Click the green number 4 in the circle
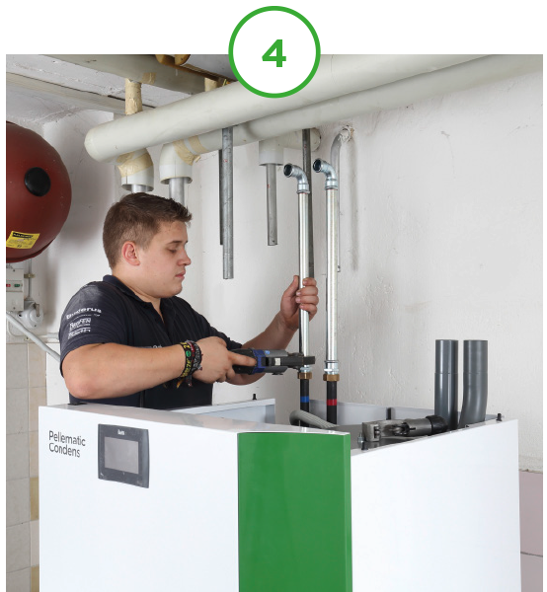(273, 53)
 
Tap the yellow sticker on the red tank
(22, 240)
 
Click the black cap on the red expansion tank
(38, 182)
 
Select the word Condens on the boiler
(65, 449)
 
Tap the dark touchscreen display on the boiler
(122, 456)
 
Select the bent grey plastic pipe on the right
(474, 380)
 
